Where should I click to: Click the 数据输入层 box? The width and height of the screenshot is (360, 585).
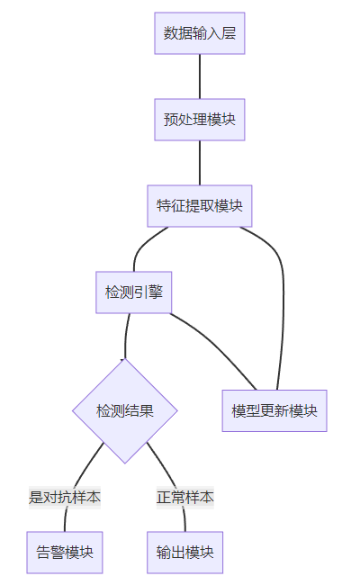(200, 33)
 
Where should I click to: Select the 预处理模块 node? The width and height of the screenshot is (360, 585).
(200, 120)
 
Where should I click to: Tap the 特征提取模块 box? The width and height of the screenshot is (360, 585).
(200, 206)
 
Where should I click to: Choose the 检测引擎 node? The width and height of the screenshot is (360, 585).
(133, 292)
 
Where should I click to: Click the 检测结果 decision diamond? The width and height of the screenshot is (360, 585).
(125, 410)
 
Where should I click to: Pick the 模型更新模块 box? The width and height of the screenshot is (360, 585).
(274, 410)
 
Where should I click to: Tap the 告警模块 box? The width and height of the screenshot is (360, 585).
(65, 553)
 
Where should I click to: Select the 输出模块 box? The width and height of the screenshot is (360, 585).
(185, 553)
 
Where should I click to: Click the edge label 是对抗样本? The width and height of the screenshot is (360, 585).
(65, 498)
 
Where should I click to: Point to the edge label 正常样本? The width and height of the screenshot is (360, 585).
(185, 498)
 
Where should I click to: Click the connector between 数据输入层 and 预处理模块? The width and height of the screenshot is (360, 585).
(200, 76)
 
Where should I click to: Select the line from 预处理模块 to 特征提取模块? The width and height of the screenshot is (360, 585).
(200, 163)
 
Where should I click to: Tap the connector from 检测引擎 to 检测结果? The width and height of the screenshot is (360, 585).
(126, 336)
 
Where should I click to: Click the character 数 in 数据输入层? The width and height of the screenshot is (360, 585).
(170, 33)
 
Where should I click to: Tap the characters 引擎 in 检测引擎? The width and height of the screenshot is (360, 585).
(148, 292)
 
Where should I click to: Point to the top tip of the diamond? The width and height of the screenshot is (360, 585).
(125, 358)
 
